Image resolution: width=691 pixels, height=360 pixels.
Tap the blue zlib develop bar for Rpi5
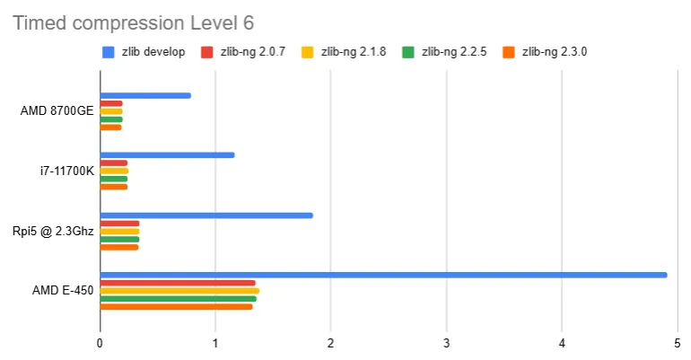[206, 215]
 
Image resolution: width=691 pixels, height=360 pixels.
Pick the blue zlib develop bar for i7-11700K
[167, 155]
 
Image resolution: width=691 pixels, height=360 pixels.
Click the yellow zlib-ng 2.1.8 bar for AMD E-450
[179, 291]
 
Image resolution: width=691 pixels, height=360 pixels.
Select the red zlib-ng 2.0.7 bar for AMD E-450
[178, 283]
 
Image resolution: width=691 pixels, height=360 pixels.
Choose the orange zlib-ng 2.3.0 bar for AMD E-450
[176, 307]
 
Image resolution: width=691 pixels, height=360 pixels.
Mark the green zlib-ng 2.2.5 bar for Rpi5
[119, 240]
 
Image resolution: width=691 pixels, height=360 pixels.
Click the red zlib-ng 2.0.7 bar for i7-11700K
[114, 162]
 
